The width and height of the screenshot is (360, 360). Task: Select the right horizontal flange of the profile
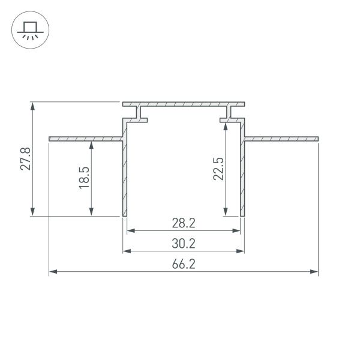(282, 139)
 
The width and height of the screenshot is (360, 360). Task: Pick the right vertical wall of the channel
(244, 174)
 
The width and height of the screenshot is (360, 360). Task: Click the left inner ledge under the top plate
(139, 120)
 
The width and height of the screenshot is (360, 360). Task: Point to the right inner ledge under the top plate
(230, 120)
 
